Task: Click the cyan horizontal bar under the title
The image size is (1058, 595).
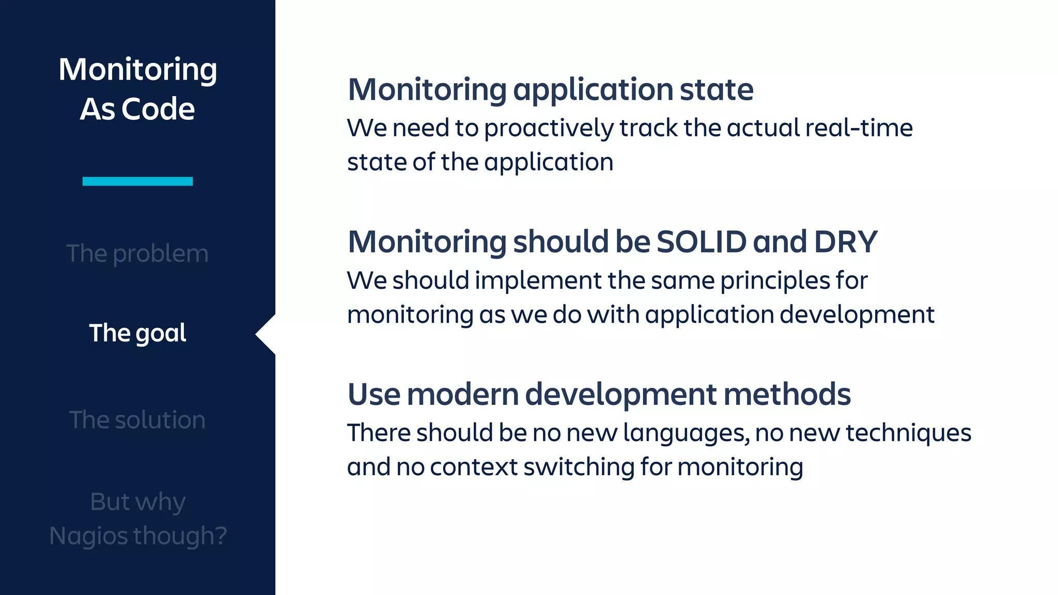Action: (x=137, y=181)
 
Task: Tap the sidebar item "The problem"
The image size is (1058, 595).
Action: (x=137, y=254)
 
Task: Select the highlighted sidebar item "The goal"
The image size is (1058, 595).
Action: (x=137, y=333)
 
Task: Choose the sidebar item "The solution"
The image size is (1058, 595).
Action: (x=137, y=420)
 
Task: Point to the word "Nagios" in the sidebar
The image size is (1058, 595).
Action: (x=89, y=536)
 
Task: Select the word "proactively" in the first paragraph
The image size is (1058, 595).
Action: (x=549, y=129)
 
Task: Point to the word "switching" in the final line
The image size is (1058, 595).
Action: (x=579, y=467)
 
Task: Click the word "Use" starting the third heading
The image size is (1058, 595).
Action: (x=374, y=395)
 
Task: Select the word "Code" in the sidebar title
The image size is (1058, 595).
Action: (x=158, y=109)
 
